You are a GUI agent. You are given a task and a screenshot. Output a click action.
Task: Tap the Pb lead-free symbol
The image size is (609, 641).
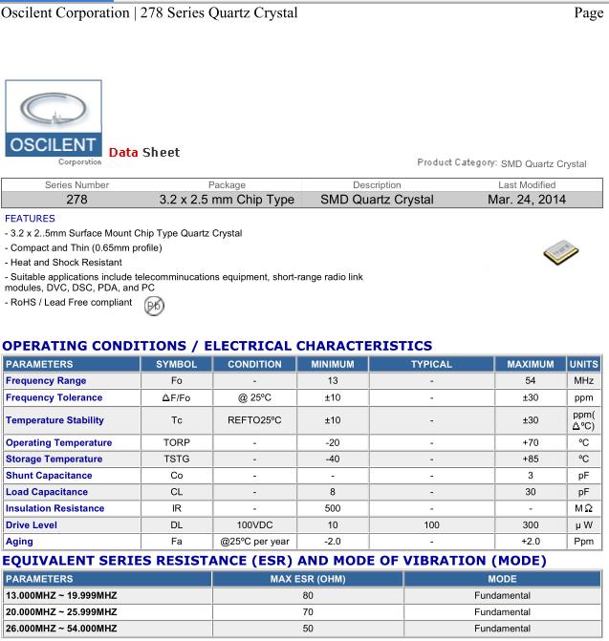153,306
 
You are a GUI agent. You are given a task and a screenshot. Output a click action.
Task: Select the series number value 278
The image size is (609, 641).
77,200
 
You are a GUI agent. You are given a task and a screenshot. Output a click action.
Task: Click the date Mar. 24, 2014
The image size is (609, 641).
527,200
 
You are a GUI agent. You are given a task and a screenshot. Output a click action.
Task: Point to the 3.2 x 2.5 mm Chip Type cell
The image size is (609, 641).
227,200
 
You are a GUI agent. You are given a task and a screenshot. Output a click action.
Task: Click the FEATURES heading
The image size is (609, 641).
30,218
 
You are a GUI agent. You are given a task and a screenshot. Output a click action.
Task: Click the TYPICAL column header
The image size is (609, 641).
431,364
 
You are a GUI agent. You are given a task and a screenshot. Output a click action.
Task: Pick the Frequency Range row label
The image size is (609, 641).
46,381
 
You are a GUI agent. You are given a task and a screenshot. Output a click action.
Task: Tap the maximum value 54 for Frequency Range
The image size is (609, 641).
531,381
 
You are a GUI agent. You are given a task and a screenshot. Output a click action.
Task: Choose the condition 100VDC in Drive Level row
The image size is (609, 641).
253,524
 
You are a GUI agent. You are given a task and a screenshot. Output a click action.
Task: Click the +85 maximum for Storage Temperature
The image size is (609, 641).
531,459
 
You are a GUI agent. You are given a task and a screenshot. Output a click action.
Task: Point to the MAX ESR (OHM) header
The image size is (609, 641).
301,578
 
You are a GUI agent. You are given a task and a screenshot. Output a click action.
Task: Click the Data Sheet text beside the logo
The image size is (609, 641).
144,153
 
